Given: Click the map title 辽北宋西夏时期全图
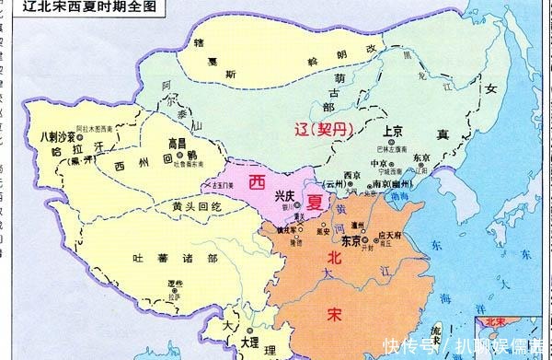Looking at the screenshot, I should (x=69, y=7).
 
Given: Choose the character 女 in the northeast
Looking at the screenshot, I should (x=489, y=89).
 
